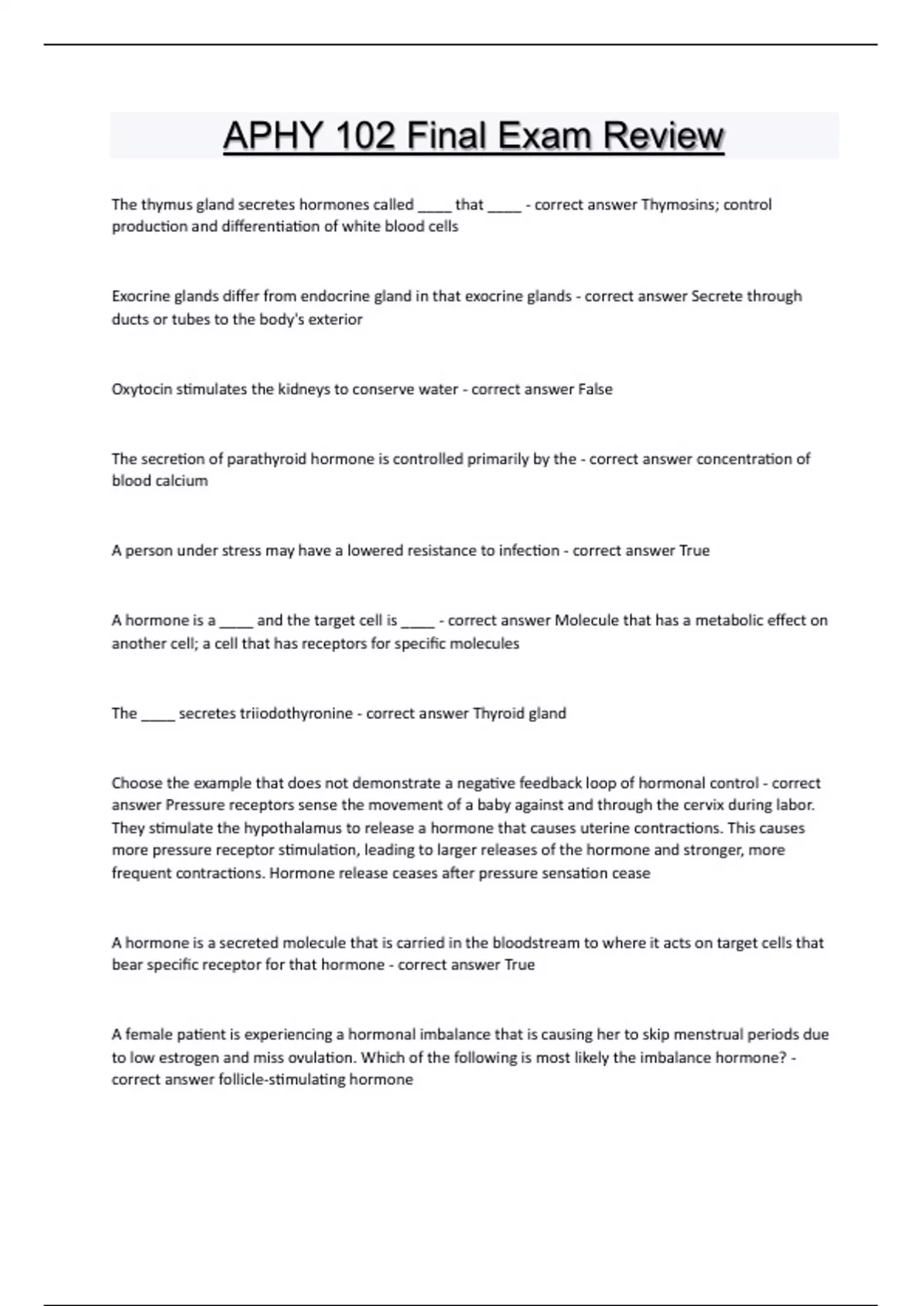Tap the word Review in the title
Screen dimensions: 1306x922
663,136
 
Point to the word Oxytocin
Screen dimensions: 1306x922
141,389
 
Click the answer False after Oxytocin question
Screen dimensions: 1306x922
595,389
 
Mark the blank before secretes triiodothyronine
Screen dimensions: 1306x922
158,715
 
